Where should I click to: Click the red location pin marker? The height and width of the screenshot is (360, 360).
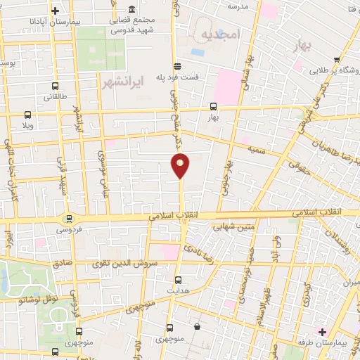[x=181, y=164]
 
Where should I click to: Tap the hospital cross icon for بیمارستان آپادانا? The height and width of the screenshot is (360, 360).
[x=56, y=11]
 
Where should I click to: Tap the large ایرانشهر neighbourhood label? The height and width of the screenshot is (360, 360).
[x=118, y=82]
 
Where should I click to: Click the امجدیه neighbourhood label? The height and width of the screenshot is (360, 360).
[x=220, y=34]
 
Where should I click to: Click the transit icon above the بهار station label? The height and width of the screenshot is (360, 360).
[x=213, y=107]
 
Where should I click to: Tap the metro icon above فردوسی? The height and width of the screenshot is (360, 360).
[x=68, y=219]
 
